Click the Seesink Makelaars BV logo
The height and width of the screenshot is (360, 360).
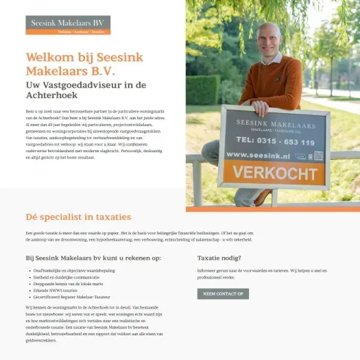(68, 25)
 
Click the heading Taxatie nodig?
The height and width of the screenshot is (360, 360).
(219, 259)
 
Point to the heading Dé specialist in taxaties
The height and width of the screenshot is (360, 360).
(78, 217)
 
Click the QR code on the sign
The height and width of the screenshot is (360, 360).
(319, 156)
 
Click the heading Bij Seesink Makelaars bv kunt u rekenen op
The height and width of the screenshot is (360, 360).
(93, 259)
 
